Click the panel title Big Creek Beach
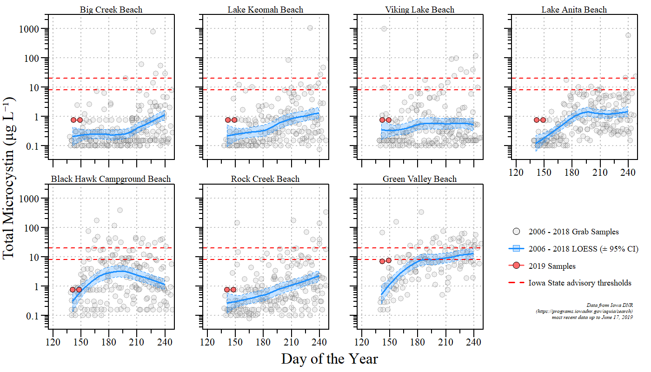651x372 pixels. point(111,9)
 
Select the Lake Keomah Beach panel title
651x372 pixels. point(266,9)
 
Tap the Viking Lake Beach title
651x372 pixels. point(419,9)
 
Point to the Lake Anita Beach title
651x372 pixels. point(574,9)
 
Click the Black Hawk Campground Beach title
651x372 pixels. point(111,179)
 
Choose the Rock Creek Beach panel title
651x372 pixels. point(265,179)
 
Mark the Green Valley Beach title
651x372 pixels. point(419,179)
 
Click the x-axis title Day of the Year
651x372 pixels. point(329,359)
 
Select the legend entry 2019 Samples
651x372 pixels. point(552,266)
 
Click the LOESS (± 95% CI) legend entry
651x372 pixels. point(583,249)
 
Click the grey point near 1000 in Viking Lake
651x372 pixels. point(384,29)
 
